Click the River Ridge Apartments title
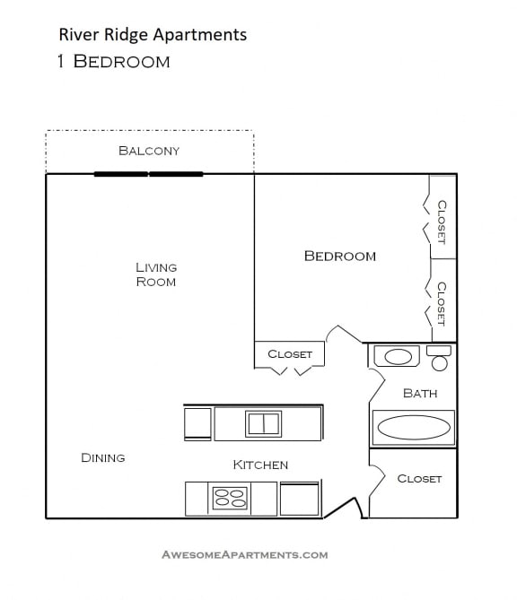[x=152, y=35]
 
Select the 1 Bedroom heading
[x=112, y=62]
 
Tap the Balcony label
[x=149, y=151]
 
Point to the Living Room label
[x=156, y=274]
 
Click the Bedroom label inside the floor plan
[x=340, y=257]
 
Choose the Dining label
[x=103, y=458]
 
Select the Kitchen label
[x=260, y=465]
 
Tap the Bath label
[x=420, y=394]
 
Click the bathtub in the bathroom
[x=413, y=428]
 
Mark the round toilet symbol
[x=439, y=362]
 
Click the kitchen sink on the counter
[x=263, y=423]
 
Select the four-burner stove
[x=230, y=498]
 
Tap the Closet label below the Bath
[x=419, y=479]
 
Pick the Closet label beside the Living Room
[x=290, y=354]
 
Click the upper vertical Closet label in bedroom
[x=442, y=222]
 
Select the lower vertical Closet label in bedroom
[x=442, y=303]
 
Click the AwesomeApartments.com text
[x=244, y=555]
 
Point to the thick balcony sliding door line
[x=149, y=174]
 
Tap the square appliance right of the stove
[x=299, y=500]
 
